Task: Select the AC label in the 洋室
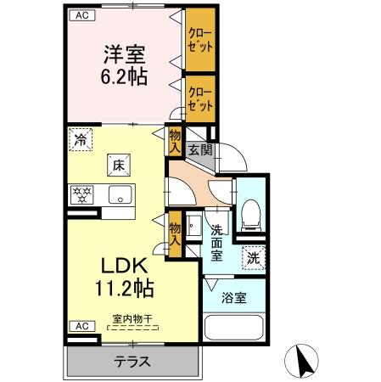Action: coord(81,15)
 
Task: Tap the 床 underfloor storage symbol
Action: coord(119,166)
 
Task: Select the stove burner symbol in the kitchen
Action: coord(83,194)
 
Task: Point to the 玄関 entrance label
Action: coord(200,150)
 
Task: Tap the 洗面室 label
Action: coord(217,241)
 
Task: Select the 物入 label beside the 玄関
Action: coord(174,142)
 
